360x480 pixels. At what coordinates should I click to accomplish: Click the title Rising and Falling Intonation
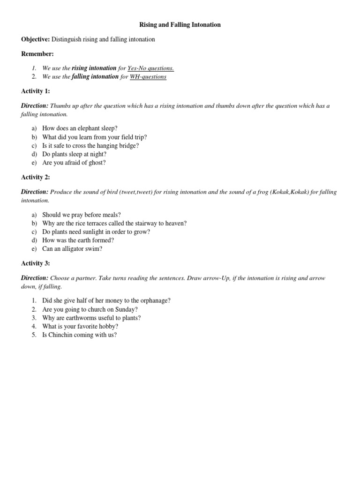pos(180,25)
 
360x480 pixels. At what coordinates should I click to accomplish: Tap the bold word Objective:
pos(36,39)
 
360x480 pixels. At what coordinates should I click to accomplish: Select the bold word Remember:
pos(37,54)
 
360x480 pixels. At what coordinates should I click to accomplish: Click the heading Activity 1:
pos(36,91)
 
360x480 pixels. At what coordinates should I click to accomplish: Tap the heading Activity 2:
pos(36,177)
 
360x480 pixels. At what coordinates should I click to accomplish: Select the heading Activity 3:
pos(36,263)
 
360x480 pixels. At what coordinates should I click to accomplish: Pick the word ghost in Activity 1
pos(97,163)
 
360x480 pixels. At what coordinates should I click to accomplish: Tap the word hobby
pos(109,326)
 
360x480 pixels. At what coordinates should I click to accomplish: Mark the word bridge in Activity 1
pos(129,145)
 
